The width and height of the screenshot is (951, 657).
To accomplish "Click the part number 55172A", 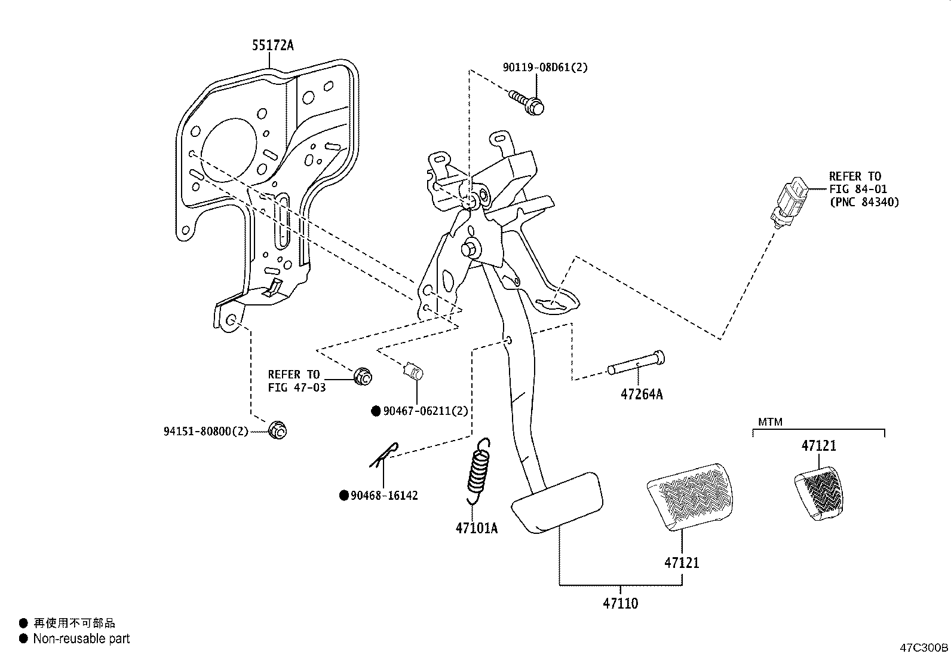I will (x=272, y=45).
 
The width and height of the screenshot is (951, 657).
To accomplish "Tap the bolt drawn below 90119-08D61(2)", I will (x=528, y=103).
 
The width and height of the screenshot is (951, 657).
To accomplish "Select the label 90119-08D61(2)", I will (x=544, y=68).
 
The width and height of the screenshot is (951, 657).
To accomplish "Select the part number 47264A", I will (x=641, y=395).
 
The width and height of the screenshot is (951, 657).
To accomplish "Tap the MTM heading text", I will (x=769, y=422).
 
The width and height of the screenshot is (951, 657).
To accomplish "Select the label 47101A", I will (x=476, y=528).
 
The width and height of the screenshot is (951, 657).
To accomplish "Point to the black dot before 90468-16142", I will (x=343, y=496).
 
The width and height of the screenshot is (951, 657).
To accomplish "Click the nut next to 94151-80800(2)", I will (x=278, y=430).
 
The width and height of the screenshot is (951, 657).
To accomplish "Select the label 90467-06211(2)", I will (x=425, y=411).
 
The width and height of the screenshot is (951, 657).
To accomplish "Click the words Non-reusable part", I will (x=81, y=639).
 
